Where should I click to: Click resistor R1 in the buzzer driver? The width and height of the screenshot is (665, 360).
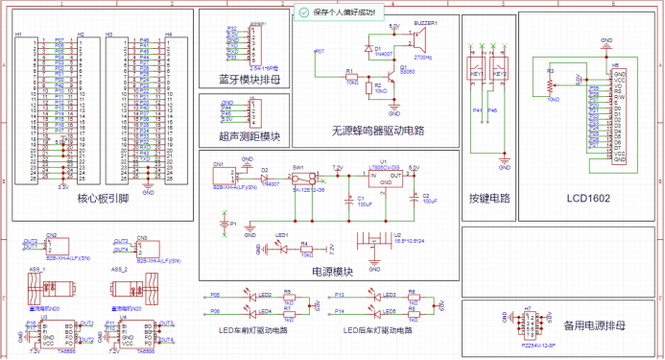[x=351, y=77]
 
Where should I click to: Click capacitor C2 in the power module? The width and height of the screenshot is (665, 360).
[x=415, y=198]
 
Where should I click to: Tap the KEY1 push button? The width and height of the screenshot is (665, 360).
[x=477, y=73]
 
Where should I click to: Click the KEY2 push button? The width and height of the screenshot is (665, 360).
[x=499, y=73]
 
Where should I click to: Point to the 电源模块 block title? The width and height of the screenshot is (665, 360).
[x=332, y=272]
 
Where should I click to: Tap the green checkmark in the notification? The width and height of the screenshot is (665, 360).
[x=304, y=12]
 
